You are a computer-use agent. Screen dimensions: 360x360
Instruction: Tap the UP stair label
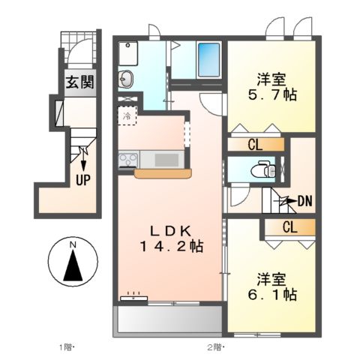coord(82,180)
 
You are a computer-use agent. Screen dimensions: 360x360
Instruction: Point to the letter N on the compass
coord(73,245)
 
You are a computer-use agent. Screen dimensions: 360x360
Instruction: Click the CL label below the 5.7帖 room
coord(255,144)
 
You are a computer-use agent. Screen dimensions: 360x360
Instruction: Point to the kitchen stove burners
coord(127,159)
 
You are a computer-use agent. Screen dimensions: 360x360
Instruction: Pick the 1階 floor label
coord(65,347)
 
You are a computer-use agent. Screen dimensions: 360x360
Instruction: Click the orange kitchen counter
coord(160,173)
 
